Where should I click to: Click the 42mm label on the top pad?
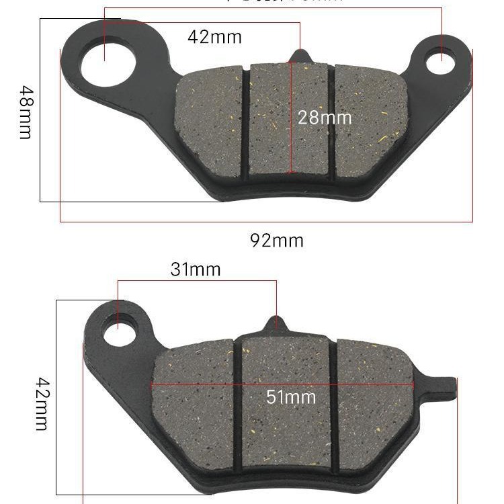(x=214, y=36)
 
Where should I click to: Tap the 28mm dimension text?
(x=325, y=118)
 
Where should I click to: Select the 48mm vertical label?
(x=25, y=112)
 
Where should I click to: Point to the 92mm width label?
(x=277, y=240)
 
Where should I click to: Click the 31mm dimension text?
(x=196, y=269)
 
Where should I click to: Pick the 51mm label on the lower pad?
(x=291, y=396)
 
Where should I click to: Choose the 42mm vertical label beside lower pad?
(x=42, y=403)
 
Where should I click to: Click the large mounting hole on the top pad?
(x=108, y=67)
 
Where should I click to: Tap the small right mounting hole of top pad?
(x=442, y=59)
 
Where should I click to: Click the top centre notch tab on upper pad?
(x=300, y=56)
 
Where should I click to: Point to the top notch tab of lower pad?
(x=276, y=323)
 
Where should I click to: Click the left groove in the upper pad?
(x=246, y=121)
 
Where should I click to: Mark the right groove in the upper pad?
(x=332, y=121)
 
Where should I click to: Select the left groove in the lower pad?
(x=237, y=403)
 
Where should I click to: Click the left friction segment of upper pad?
(x=210, y=124)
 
